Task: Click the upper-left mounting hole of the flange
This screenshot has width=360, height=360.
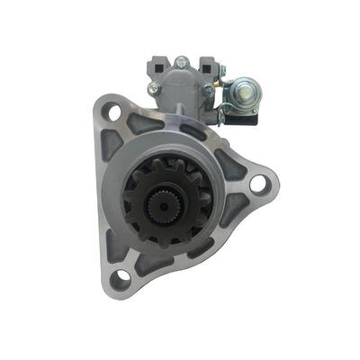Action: pos(113,112)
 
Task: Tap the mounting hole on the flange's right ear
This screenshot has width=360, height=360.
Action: pos(257,184)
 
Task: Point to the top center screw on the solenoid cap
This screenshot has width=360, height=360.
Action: pos(182,63)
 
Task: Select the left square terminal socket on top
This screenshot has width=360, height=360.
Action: pos(155,65)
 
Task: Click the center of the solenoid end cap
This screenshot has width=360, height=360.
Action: pos(181,90)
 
